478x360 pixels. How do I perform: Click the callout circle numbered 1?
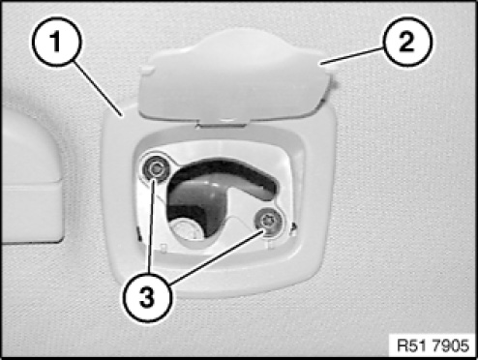[57, 42]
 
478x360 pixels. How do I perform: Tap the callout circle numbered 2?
[406, 42]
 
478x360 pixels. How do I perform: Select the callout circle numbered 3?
[147, 297]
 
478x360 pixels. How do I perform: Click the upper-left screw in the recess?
[157, 168]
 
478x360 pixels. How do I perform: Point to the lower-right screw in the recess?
[267, 222]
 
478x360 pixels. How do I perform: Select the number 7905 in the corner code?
[450, 345]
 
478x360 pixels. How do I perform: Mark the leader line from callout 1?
[98, 87]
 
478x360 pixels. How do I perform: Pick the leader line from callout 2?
[352, 56]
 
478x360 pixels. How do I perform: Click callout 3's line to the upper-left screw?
[152, 226]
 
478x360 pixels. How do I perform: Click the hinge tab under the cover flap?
[223, 122]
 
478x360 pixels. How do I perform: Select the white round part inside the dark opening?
[188, 229]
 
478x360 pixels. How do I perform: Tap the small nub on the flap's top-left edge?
[147, 70]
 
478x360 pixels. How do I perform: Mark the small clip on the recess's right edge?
[294, 227]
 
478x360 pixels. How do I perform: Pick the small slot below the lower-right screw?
[271, 246]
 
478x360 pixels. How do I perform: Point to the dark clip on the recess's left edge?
[139, 235]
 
